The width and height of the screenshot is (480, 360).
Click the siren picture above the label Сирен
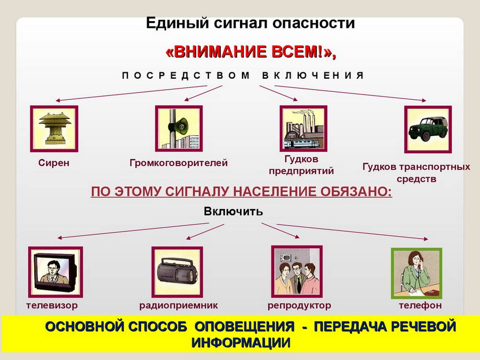(54, 129)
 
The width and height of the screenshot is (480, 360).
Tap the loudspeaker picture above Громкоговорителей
(179, 129)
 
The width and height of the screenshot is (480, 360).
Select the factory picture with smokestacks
(303, 129)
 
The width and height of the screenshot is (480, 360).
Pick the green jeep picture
(428, 129)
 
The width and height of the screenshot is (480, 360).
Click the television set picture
(55, 272)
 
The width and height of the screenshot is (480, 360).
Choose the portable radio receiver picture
(177, 272)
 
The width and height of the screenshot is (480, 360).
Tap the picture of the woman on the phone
(417, 274)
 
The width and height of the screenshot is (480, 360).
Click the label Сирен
(54, 163)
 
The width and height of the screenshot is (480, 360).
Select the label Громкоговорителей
(179, 163)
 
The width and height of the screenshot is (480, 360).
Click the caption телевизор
(52, 305)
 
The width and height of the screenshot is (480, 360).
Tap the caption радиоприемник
(179, 305)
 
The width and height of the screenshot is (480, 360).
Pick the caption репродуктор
(300, 305)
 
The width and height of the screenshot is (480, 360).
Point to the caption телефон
(420, 305)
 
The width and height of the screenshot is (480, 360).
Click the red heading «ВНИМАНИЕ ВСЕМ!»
(251, 52)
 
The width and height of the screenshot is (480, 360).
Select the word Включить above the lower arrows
(233, 211)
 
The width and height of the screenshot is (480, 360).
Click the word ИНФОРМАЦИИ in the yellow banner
(241, 343)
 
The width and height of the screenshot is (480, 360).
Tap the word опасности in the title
(313, 23)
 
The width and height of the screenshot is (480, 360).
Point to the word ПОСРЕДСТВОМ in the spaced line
(186, 75)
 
